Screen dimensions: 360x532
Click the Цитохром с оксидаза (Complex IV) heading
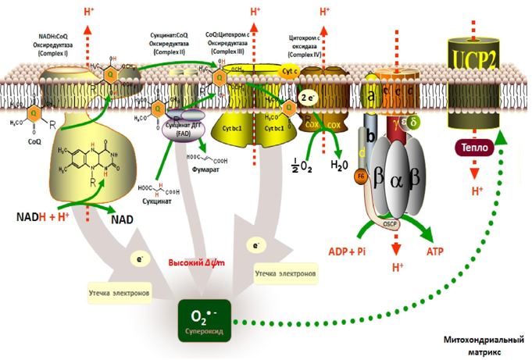coord(308,45)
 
